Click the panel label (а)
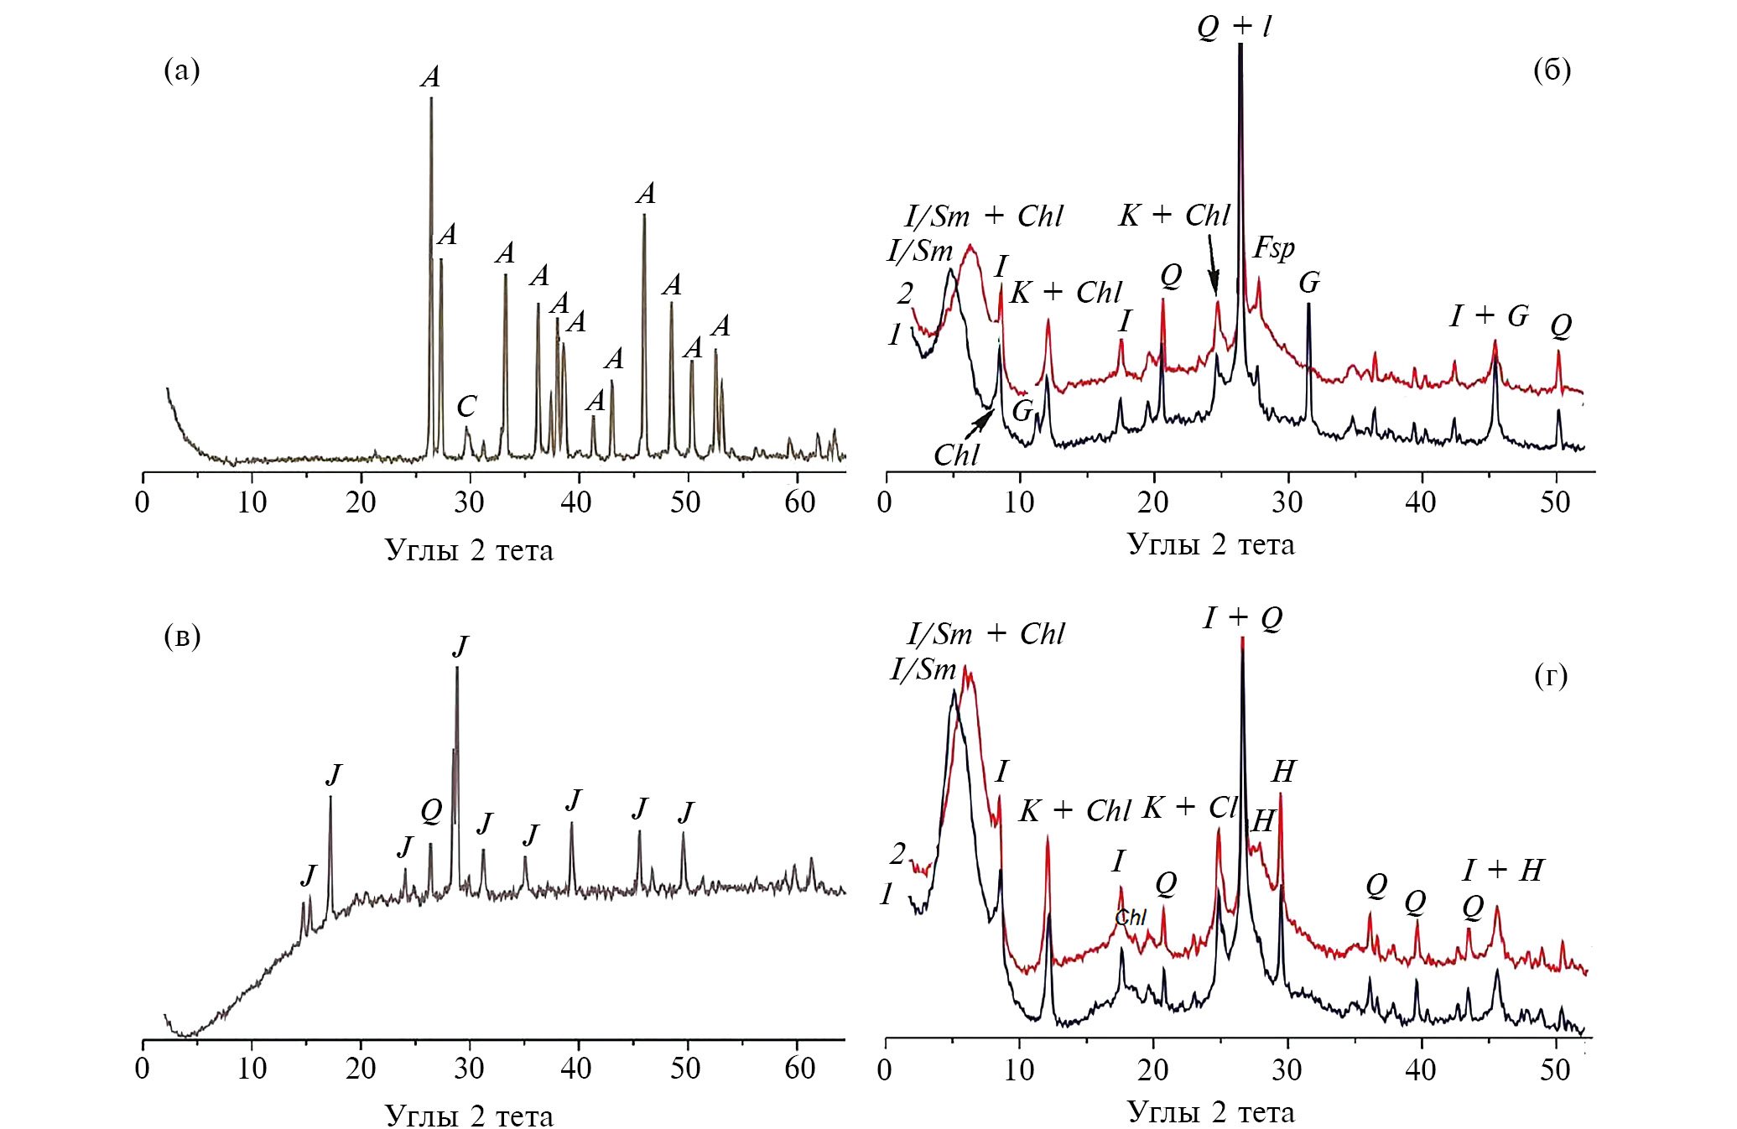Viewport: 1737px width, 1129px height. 182,70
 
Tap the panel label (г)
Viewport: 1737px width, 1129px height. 1550,675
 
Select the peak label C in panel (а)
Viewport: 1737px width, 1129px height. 466,407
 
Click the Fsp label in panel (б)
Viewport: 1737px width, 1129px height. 1273,248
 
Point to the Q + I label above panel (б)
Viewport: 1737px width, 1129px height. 1233,27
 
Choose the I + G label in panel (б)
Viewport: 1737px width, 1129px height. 1489,316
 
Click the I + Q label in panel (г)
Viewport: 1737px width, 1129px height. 1243,618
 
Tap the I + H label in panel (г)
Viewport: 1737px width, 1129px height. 1502,871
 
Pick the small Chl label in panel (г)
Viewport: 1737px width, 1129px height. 1130,918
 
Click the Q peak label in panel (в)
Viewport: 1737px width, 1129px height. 430,811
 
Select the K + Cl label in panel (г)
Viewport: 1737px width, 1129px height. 1190,808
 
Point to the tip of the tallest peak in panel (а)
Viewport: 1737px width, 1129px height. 431,99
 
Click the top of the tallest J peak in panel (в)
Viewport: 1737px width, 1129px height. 457,669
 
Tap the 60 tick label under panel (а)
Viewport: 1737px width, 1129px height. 799,502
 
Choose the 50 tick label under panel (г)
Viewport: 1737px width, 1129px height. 1554,1069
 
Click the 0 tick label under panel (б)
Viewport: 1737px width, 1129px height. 884,502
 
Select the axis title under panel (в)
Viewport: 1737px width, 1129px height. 469,1115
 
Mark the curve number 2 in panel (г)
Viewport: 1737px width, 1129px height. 897,854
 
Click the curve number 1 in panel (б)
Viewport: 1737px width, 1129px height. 894,335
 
